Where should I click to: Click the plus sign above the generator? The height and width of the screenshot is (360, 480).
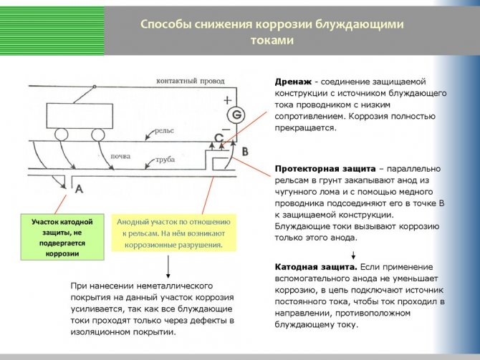point(228,100)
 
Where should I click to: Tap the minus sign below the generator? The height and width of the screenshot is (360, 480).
point(228,132)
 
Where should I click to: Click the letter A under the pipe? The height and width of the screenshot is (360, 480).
point(79,189)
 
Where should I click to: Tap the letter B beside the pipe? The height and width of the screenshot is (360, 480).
point(245,152)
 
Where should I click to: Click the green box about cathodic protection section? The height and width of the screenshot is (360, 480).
point(62,238)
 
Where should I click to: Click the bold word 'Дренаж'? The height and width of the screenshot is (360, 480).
point(292,82)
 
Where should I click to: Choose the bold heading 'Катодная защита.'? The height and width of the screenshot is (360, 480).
point(315,266)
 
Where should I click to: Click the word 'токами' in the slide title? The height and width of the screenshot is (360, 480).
point(272,41)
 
